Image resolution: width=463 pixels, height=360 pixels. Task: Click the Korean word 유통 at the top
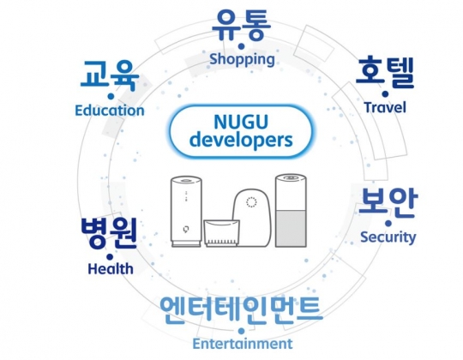pyautogui.click(x=241, y=25)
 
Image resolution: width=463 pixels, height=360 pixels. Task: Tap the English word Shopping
pyautogui.click(x=242, y=59)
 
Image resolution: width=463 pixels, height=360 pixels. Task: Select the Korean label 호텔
pyautogui.click(x=385, y=73)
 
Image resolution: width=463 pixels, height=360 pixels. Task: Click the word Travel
pyautogui.click(x=385, y=107)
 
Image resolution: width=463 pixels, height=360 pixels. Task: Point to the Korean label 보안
pyautogui.click(x=388, y=202)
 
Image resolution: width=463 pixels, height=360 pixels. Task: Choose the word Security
pyautogui.click(x=388, y=237)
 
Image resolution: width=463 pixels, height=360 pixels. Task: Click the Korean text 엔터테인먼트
pyautogui.click(x=241, y=309)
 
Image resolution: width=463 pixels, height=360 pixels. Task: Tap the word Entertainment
pyautogui.click(x=243, y=344)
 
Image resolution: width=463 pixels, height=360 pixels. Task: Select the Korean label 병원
pyautogui.click(x=109, y=233)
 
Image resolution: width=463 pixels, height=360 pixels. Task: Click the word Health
pyautogui.click(x=111, y=269)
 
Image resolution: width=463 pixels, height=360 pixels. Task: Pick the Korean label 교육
pyautogui.click(x=110, y=75)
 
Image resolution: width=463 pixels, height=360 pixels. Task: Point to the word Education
pyautogui.click(x=110, y=111)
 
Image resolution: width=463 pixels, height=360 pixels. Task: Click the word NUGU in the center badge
pyautogui.click(x=241, y=122)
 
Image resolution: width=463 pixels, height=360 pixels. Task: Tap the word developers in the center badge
pyautogui.click(x=241, y=140)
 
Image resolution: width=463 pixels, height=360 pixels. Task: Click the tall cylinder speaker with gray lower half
pyautogui.click(x=291, y=211)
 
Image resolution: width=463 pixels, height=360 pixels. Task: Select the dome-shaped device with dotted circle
pyautogui.click(x=252, y=218)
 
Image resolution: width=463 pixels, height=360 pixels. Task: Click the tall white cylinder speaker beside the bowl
pyautogui.click(x=186, y=212)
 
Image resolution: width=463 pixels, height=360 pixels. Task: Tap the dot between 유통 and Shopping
pyautogui.click(x=242, y=46)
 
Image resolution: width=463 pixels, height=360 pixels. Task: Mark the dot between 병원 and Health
pyautogui.click(x=110, y=257)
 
